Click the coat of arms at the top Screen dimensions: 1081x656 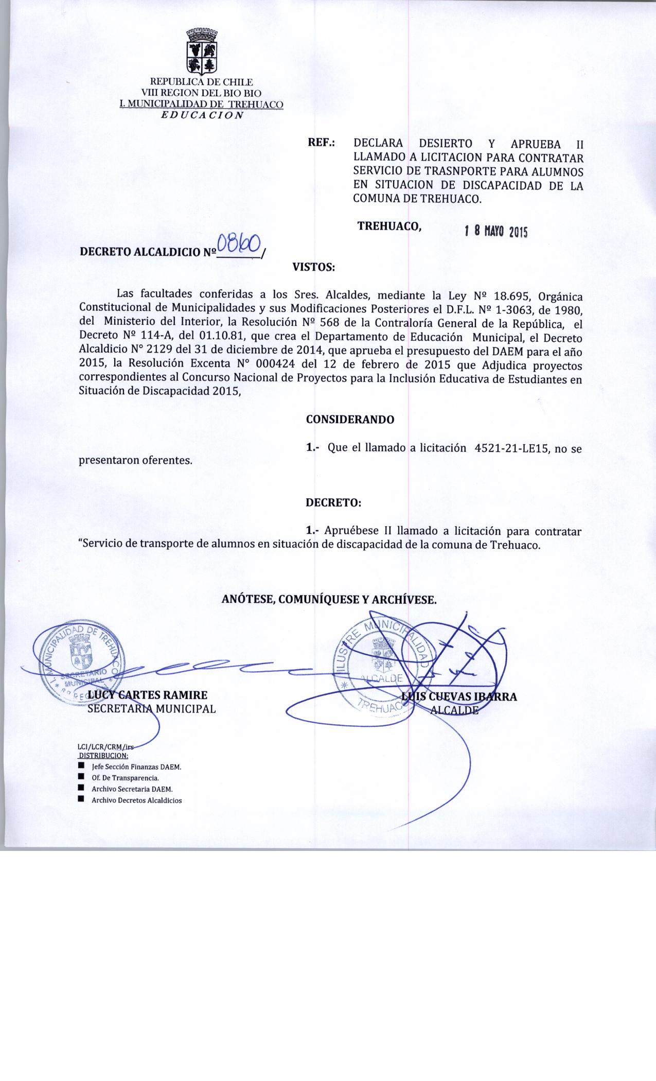[201, 51]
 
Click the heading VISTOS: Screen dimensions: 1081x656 [313, 267]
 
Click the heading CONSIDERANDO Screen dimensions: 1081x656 [350, 420]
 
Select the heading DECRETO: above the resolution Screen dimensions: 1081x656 [333, 503]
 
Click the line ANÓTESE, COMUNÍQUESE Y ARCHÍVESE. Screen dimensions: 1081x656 [329, 599]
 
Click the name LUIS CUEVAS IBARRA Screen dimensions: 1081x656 [459, 697]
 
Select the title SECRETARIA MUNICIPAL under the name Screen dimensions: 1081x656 [152, 709]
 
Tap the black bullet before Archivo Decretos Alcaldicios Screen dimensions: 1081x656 [81, 799]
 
